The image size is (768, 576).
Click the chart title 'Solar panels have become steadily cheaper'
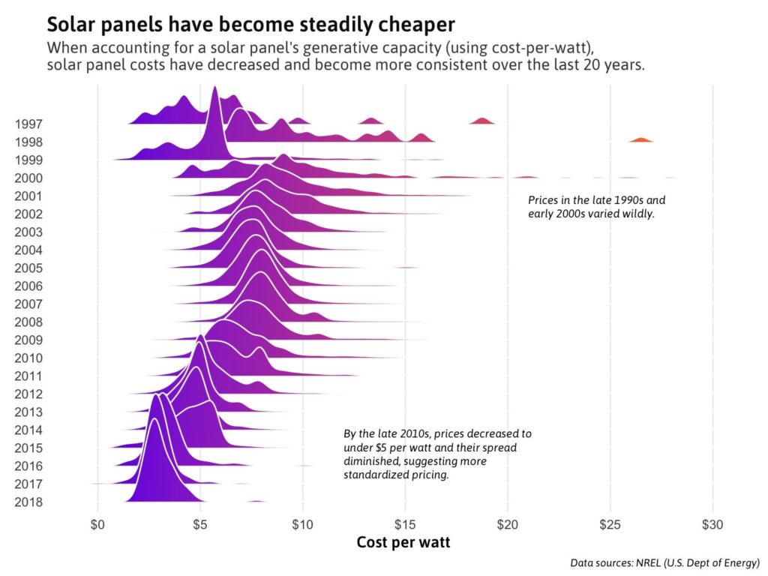(x=250, y=24)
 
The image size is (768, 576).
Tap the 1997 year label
(x=28, y=124)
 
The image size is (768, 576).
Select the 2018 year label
(x=28, y=502)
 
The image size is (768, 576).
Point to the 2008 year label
(x=28, y=322)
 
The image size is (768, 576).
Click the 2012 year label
(x=28, y=394)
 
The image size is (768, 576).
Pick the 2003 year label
(x=28, y=232)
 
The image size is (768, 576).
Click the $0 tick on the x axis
(x=97, y=525)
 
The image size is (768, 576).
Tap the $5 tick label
(x=200, y=525)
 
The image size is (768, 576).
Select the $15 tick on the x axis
(x=405, y=525)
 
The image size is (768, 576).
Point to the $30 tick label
(x=712, y=525)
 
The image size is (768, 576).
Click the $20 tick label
(x=508, y=525)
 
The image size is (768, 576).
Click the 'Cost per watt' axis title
(x=403, y=543)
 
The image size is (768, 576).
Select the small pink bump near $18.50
(x=481, y=121)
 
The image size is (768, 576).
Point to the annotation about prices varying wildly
(x=596, y=207)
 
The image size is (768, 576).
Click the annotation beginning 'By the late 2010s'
(x=438, y=454)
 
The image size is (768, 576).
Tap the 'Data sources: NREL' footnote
(x=664, y=562)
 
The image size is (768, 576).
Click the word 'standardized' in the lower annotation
(x=376, y=475)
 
